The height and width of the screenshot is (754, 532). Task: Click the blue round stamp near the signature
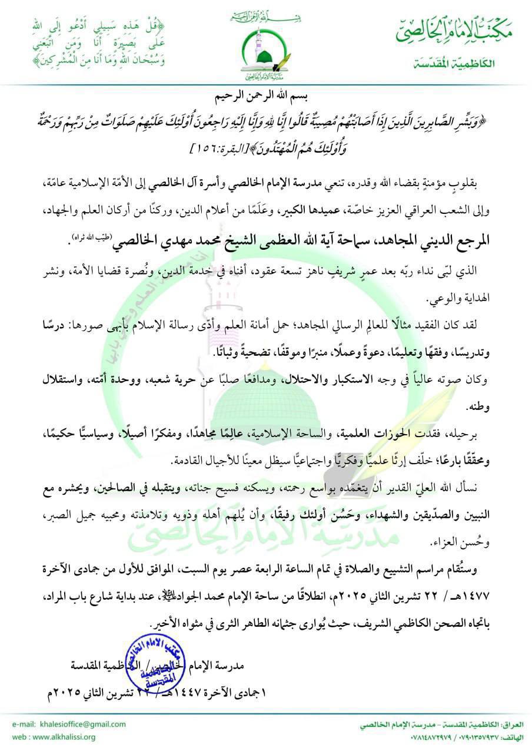coord(154,662)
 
